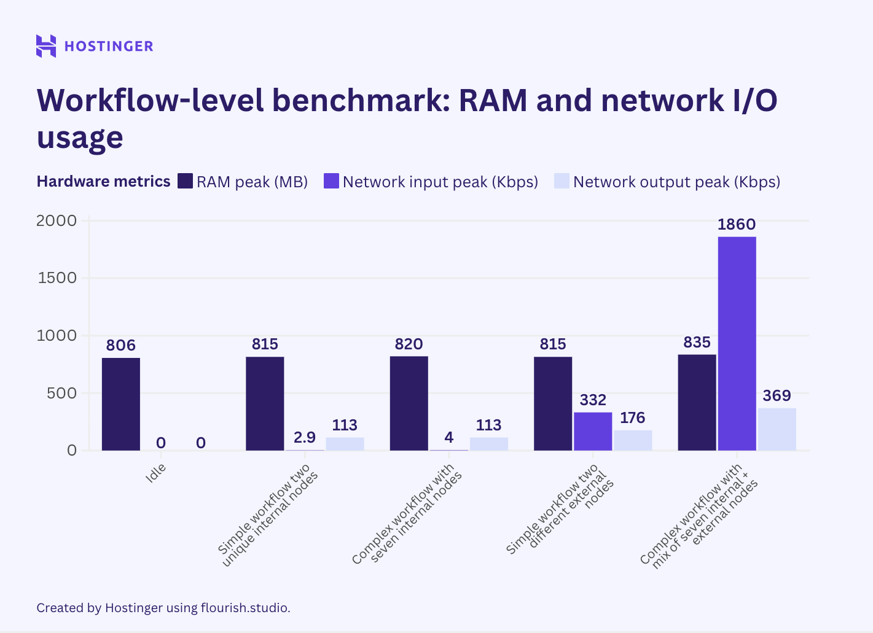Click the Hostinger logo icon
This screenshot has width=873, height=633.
coord(46,46)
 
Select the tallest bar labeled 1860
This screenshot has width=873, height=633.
coord(737,343)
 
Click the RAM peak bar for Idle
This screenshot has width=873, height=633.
coord(121,404)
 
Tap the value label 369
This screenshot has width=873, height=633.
coord(777,396)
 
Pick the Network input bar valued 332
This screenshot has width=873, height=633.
coord(593,431)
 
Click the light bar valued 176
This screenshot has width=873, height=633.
coord(633,440)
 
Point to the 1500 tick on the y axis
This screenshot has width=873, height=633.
coord(57,278)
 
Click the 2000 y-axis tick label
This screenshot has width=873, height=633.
coord(57,220)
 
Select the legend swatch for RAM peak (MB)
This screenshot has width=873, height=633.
coord(185,181)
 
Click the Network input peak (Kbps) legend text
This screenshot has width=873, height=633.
coord(440,182)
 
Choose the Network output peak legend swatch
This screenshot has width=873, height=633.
coord(562,181)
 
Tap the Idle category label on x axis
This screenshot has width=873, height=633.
coord(155,473)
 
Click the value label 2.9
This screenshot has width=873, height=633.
coord(305,437)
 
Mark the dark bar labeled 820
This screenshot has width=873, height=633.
coord(409,403)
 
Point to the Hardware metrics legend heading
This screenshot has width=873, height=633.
coord(103,182)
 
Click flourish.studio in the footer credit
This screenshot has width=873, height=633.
coord(245,608)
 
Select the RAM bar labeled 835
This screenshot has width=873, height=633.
coord(697,402)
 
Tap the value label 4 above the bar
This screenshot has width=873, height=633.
coord(449,437)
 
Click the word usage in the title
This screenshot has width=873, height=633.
coord(80,137)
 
